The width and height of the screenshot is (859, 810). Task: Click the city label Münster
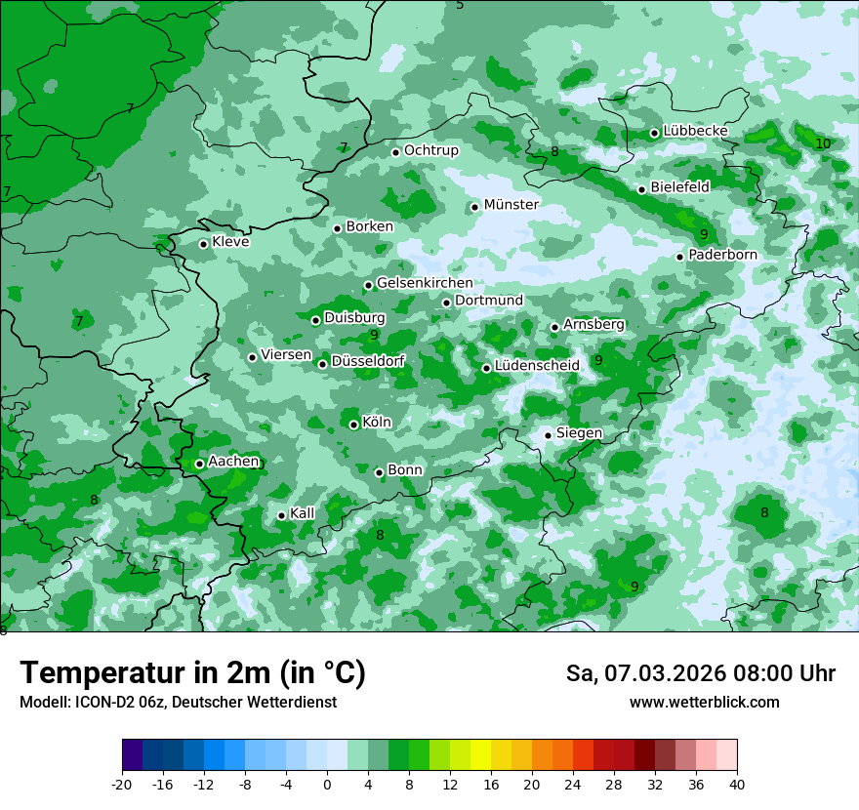tap(511, 205)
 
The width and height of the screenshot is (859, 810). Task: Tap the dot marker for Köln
tap(354, 425)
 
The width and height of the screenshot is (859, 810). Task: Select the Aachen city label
tap(233, 462)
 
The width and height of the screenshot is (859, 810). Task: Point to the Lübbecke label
tap(695, 131)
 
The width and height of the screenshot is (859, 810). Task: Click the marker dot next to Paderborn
tap(680, 257)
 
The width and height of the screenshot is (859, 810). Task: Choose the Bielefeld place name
tap(679, 186)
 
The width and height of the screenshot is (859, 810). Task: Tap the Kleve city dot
tap(203, 244)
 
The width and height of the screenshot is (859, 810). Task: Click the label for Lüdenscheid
tap(537, 366)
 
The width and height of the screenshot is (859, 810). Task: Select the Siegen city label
tap(579, 433)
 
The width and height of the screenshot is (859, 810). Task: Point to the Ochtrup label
tap(430, 150)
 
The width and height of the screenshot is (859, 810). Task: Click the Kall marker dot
tap(281, 515)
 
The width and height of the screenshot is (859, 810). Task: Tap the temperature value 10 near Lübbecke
tap(823, 143)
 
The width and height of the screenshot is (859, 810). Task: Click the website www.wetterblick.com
tap(704, 703)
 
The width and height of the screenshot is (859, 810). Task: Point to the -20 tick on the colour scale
tap(122, 784)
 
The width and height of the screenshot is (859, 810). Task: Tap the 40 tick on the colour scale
tap(737, 784)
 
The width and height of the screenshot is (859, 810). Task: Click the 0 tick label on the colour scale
tap(327, 784)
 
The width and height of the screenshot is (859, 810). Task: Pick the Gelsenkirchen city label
tap(425, 283)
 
